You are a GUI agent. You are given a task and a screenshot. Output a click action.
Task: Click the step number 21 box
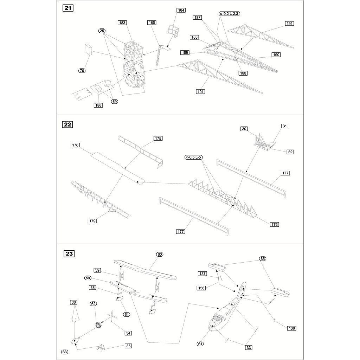(x=68, y=8)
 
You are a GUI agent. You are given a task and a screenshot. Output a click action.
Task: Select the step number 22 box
(x=67, y=124)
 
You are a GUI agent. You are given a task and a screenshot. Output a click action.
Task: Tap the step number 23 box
(x=69, y=254)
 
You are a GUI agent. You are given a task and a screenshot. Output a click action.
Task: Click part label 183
(x=122, y=22)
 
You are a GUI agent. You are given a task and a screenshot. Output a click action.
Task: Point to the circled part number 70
(x=82, y=70)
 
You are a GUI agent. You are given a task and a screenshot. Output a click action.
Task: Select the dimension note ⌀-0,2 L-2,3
(x=229, y=14)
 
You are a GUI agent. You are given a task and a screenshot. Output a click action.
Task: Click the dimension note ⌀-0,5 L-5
(x=194, y=157)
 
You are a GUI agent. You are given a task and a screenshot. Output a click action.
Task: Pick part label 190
(x=276, y=54)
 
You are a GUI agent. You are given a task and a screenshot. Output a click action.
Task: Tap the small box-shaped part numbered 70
(x=88, y=49)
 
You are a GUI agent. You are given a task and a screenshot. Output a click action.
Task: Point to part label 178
(x=75, y=145)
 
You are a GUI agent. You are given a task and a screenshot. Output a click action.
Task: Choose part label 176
(x=274, y=224)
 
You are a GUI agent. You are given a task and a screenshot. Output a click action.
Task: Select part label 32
(x=290, y=152)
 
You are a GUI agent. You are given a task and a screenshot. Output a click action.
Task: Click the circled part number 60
(x=160, y=255)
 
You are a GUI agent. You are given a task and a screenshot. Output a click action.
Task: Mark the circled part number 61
(x=200, y=344)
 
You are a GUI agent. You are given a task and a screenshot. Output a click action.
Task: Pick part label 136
(x=291, y=328)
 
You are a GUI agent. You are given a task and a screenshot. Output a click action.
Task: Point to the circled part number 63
(x=65, y=352)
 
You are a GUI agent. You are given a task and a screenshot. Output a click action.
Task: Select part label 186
(x=98, y=105)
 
